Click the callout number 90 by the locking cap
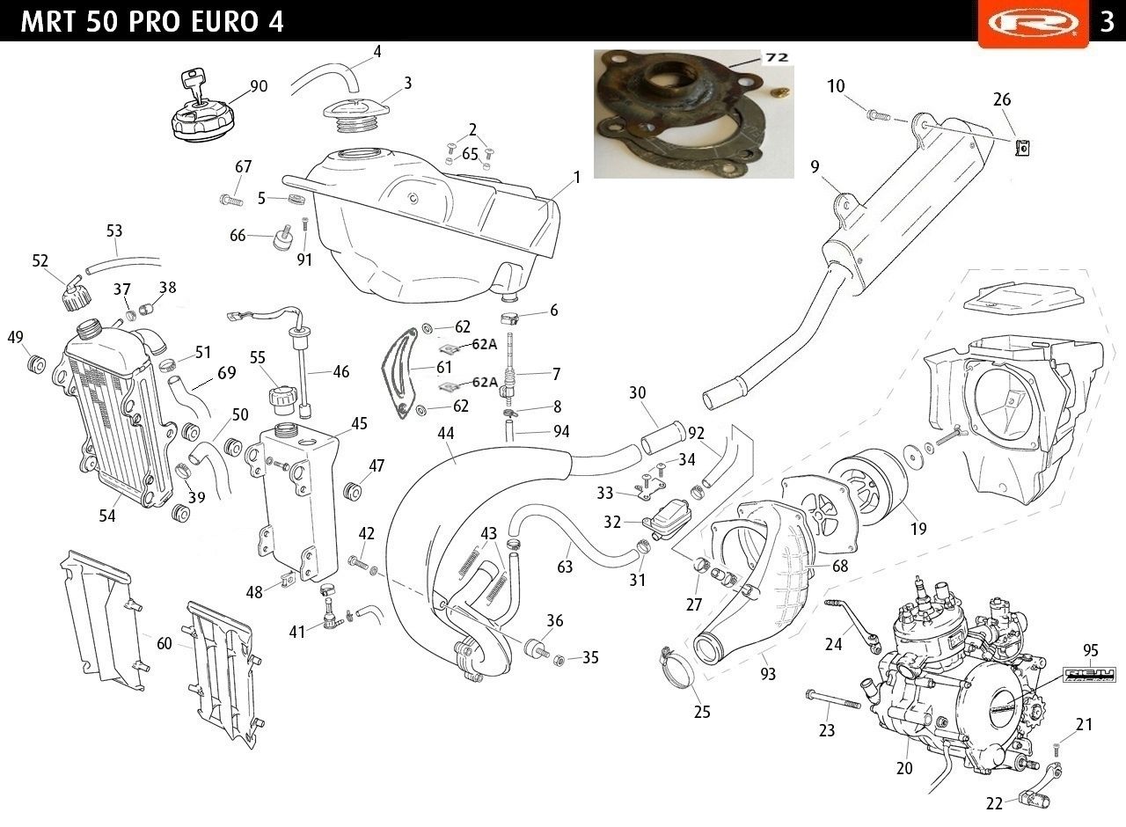click(x=259, y=86)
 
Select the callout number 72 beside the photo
click(x=776, y=57)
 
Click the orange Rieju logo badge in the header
click(x=1033, y=23)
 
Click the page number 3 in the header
click(x=1108, y=22)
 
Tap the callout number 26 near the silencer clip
click(x=1002, y=99)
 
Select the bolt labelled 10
click(x=878, y=115)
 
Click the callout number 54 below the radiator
click(x=107, y=516)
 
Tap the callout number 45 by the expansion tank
click(x=359, y=423)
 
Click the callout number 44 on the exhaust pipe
click(x=445, y=434)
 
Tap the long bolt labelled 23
click(x=832, y=699)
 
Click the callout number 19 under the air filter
click(x=918, y=529)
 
